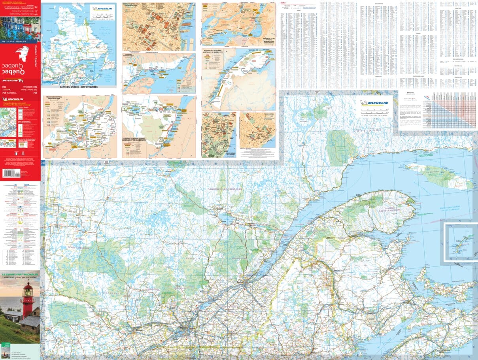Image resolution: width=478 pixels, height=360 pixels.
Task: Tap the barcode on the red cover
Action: click(11, 173)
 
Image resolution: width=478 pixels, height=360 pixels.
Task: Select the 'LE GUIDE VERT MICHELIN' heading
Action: click(20, 274)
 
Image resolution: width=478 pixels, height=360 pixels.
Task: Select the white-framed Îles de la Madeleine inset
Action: click(461, 241)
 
